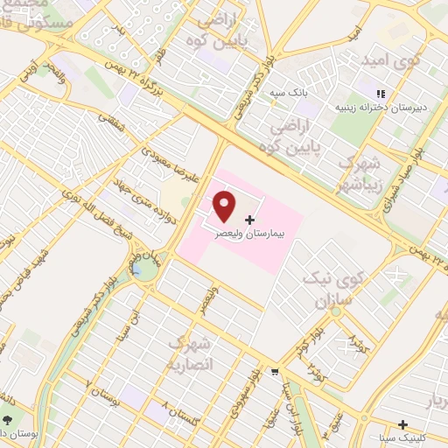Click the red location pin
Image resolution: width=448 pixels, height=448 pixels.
click(x=225, y=206)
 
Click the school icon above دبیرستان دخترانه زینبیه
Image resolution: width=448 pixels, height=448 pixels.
click(x=381, y=94)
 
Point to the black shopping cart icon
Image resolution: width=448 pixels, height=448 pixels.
click(x=276, y=371)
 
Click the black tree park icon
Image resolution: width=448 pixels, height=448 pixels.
click(x=10, y=420)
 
